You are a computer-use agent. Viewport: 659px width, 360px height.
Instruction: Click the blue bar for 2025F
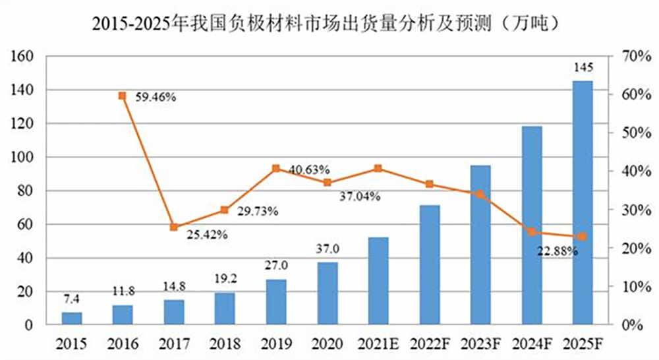[582, 203]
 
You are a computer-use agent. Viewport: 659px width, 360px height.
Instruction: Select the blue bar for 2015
[72, 318]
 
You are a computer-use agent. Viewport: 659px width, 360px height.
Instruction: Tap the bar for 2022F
[429, 265]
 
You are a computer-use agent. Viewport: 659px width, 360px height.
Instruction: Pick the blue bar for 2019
[276, 302]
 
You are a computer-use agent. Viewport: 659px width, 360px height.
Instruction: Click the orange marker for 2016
[123, 96]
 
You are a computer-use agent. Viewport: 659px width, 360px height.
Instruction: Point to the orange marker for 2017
[174, 227]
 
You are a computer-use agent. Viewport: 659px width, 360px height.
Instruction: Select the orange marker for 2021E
[378, 169]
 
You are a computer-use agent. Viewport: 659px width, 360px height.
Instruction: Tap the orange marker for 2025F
[582, 237]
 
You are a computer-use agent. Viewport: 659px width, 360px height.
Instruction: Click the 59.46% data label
[156, 97]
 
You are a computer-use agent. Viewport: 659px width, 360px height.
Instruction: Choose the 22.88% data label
[557, 251]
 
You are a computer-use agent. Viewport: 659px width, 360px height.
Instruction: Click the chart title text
[329, 24]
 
